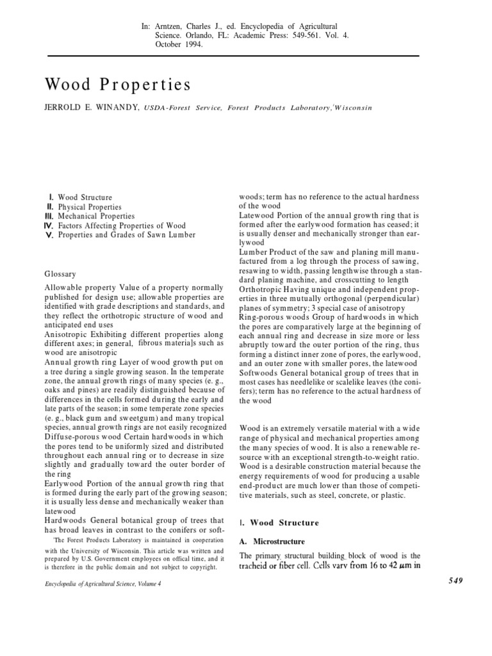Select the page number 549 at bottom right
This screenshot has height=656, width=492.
(x=451, y=580)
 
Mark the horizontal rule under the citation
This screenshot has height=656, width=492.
(x=246, y=56)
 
